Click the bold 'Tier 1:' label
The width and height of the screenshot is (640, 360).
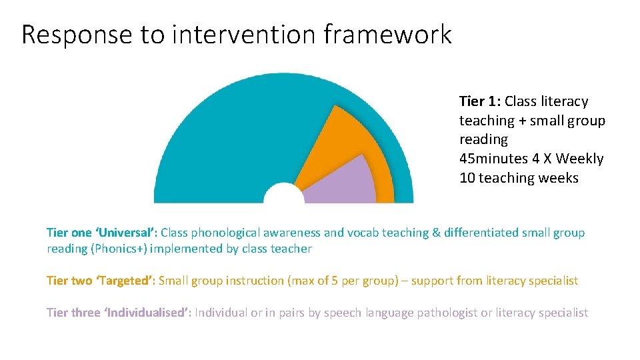click(x=480, y=101)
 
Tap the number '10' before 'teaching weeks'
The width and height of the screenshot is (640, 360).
click(x=467, y=178)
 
